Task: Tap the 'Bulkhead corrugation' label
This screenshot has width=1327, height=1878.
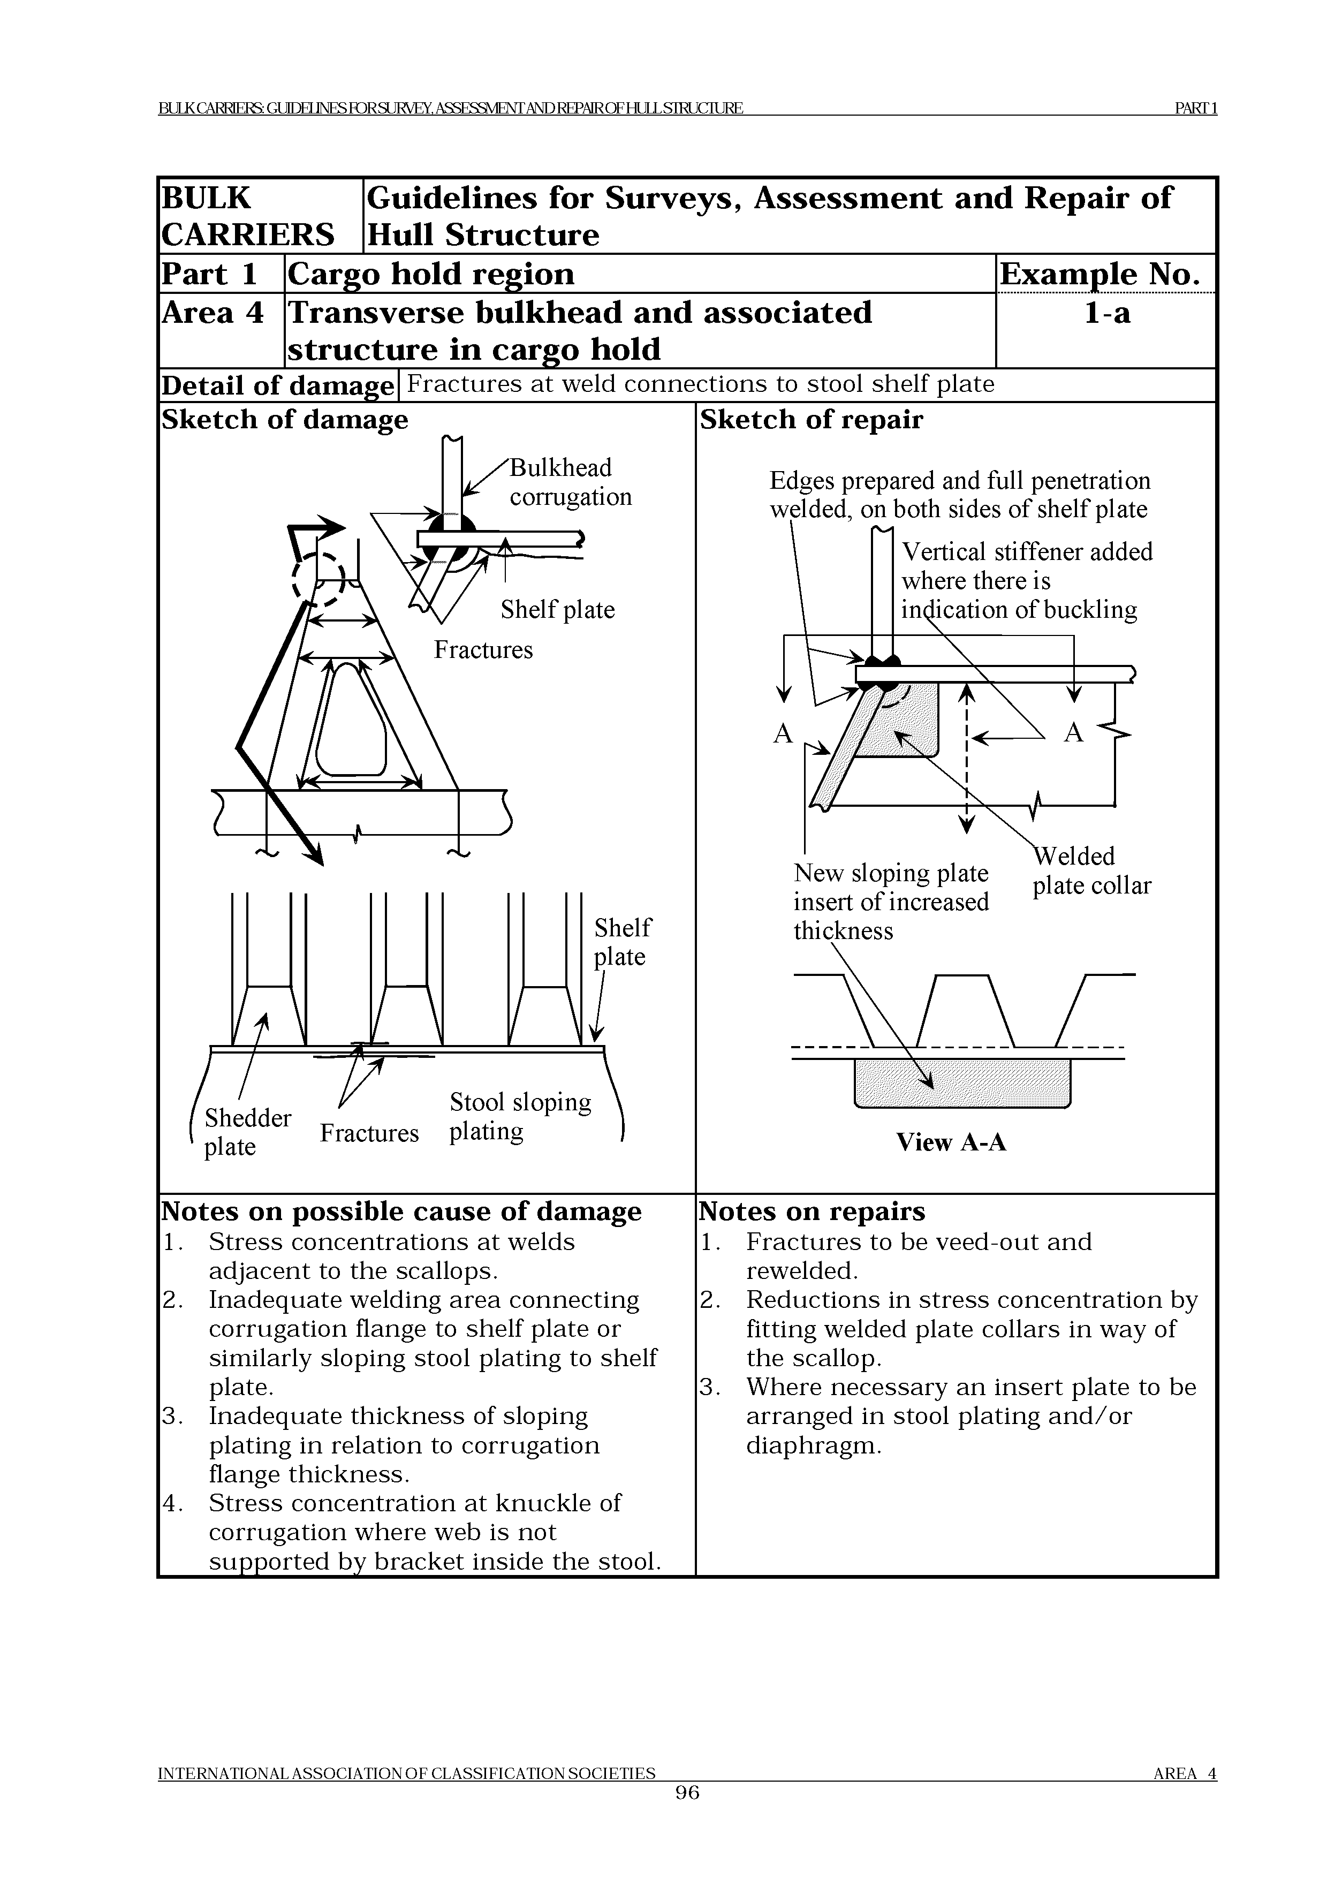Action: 570,482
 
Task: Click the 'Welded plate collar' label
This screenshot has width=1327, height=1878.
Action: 1091,871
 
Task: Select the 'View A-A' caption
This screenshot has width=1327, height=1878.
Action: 951,1142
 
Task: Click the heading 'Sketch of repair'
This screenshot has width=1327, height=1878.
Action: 811,420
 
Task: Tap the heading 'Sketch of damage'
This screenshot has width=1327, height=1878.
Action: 285,420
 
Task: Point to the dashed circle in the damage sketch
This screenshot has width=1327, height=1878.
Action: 318,578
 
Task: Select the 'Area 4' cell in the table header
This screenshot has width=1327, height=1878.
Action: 213,313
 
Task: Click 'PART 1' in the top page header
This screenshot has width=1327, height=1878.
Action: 1195,108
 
